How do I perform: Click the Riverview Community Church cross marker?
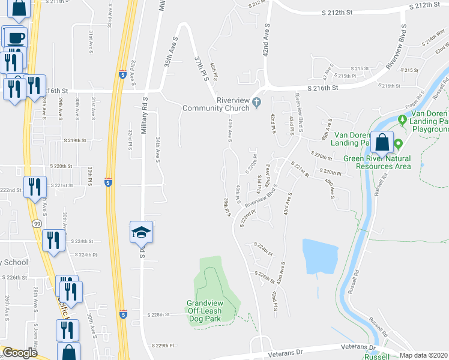pyautogui.click(x=256, y=101)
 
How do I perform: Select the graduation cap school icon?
pyautogui.click(x=142, y=232)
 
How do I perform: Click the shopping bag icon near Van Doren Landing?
pyautogui.click(x=382, y=143)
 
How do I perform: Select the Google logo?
pyautogui.click(x=20, y=353)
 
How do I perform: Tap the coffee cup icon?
pyautogui.click(x=16, y=37)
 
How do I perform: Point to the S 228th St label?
pyautogui.click(x=159, y=314)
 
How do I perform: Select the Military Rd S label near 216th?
pyautogui.click(x=145, y=111)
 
